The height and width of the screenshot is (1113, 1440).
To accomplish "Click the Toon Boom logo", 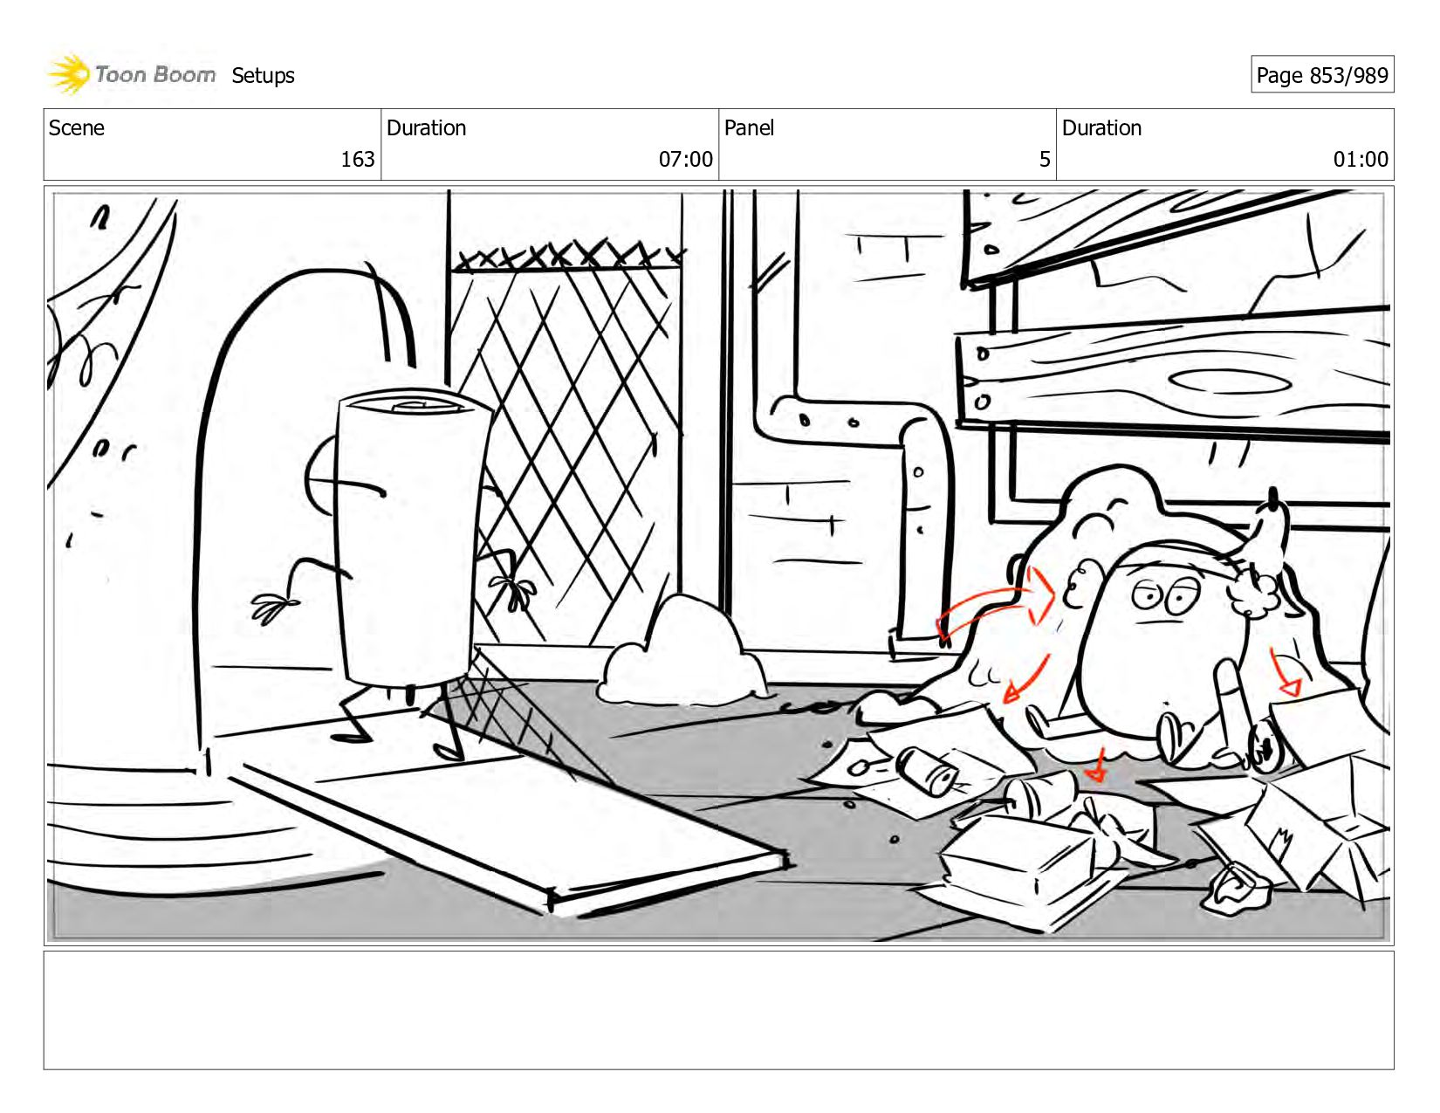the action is click(x=131, y=74).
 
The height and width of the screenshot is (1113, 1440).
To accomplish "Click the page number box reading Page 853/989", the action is click(x=1321, y=75).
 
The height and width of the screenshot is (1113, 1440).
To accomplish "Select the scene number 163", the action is click(x=357, y=159).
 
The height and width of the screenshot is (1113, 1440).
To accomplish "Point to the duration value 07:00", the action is click(x=685, y=159).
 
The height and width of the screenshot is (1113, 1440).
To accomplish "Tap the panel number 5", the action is click(x=1044, y=159).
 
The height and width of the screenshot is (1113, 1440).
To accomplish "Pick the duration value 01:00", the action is click(x=1360, y=159).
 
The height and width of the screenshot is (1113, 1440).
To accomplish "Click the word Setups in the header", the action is click(x=263, y=76).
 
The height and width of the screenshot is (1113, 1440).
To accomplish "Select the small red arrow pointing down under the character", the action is click(x=1099, y=766).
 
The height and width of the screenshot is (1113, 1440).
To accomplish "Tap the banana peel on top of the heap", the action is click(x=1270, y=528).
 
